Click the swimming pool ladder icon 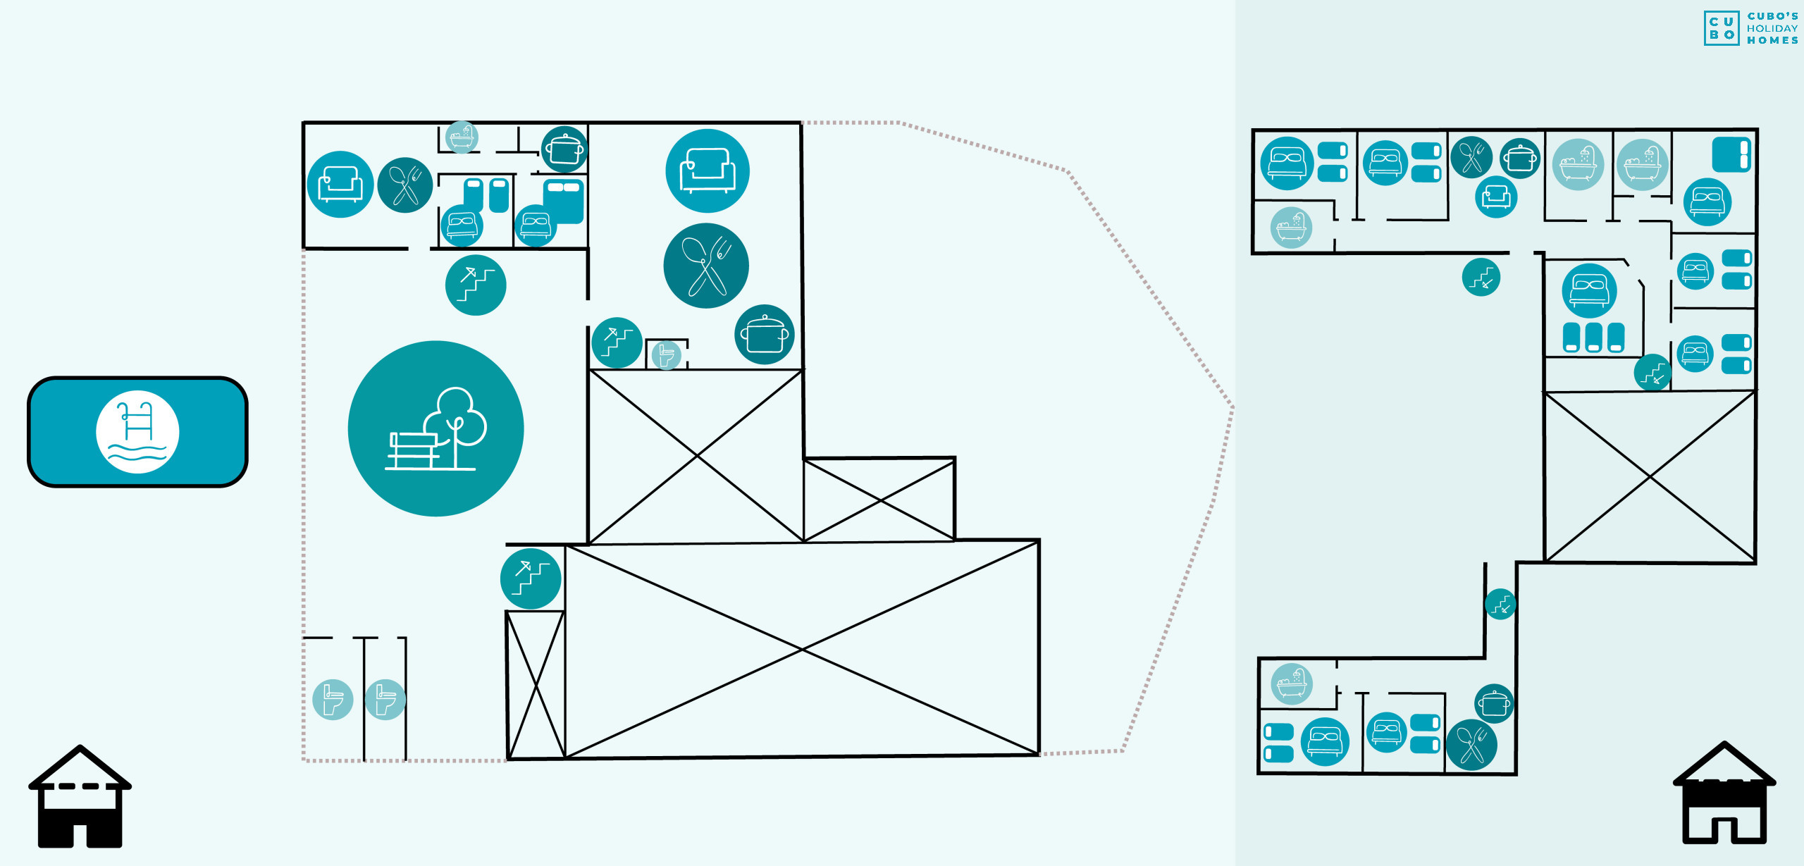pyautogui.click(x=137, y=431)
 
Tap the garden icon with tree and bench pyautogui.click(x=435, y=428)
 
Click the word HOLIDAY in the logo pyautogui.click(x=1772, y=28)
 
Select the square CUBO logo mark pyautogui.click(x=1721, y=28)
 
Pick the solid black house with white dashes pyautogui.click(x=80, y=796)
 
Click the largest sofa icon pyautogui.click(x=707, y=171)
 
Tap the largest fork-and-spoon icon pyautogui.click(x=705, y=266)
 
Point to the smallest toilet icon pyautogui.click(x=666, y=354)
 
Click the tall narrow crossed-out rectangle pyautogui.click(x=536, y=685)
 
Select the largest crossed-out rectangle pyautogui.click(x=802, y=649)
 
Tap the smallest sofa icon pyautogui.click(x=1495, y=197)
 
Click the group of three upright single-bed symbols pyautogui.click(x=1593, y=337)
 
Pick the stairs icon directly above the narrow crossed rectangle pyautogui.click(x=531, y=579)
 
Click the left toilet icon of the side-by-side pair pyautogui.click(x=333, y=699)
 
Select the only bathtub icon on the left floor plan pyautogui.click(x=462, y=137)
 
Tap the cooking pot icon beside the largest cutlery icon pyautogui.click(x=764, y=335)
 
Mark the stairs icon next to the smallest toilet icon pyautogui.click(x=617, y=342)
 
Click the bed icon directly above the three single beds pyautogui.click(x=1588, y=290)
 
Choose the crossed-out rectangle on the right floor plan pyautogui.click(x=1649, y=477)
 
